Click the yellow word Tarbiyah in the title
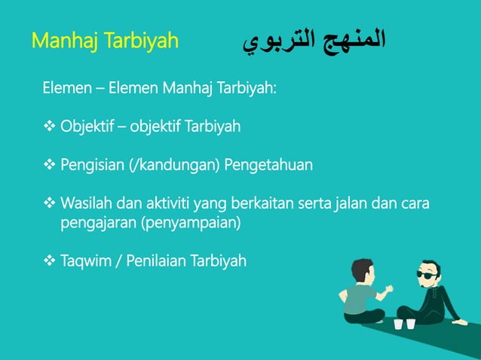(139, 40)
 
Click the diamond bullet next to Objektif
(50, 126)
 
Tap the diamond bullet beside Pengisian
(50, 164)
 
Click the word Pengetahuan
(275, 164)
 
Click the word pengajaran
(96, 223)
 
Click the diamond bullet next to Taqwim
(50, 261)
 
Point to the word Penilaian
(157, 261)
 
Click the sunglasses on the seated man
(429, 275)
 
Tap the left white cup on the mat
(398, 324)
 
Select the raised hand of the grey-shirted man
(388, 288)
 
